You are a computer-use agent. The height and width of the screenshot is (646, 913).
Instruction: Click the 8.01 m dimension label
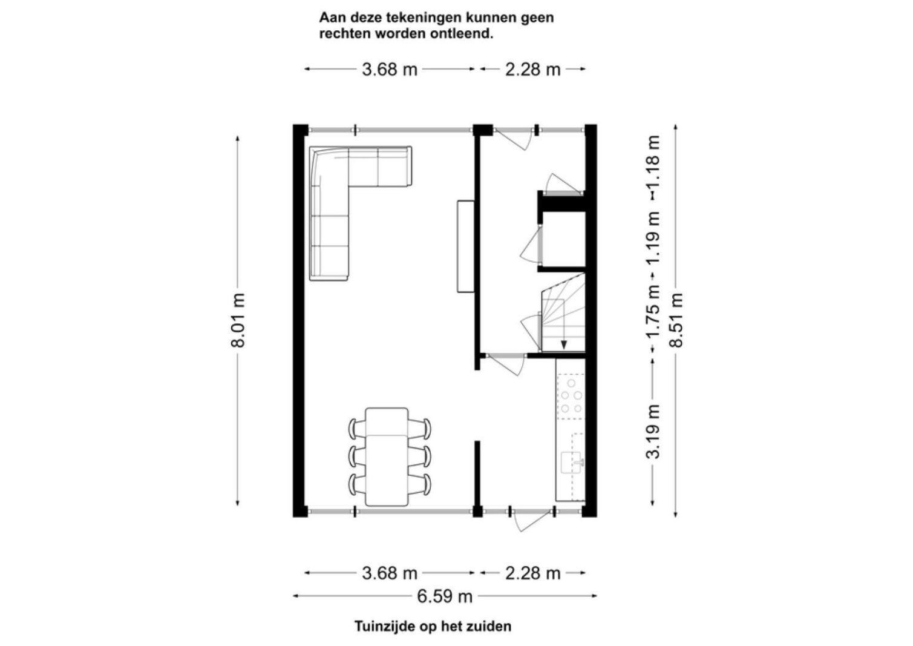pos(238,320)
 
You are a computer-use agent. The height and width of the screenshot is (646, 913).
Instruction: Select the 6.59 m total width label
pos(445,596)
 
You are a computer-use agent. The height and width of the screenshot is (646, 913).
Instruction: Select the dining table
pos(387,456)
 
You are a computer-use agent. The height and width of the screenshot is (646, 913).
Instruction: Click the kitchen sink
pos(572,463)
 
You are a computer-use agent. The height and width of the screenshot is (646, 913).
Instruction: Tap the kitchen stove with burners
pos(571,397)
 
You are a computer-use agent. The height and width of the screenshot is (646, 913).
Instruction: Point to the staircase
pos(563,312)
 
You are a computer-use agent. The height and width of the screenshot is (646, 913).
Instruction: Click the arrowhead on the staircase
pos(564,345)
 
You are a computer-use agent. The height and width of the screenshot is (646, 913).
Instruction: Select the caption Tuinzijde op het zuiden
pos(433,626)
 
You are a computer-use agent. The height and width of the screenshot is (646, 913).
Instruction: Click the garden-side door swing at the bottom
pos(532,521)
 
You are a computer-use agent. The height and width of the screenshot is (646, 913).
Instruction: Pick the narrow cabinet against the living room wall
pos(465,246)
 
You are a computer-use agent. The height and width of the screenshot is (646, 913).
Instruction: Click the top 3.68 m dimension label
pos(390,70)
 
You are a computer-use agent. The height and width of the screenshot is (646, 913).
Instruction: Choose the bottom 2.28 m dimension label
pos(532,574)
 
